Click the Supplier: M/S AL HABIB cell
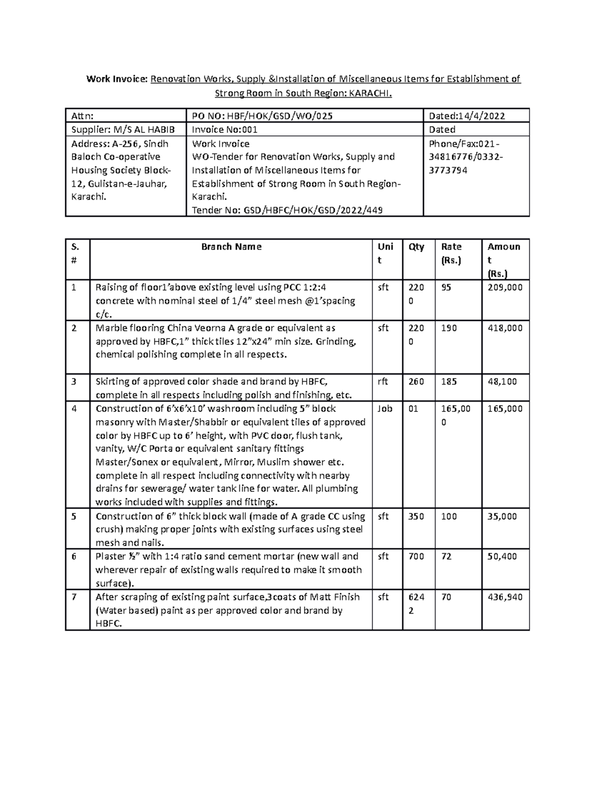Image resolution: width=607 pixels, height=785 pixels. click(x=122, y=129)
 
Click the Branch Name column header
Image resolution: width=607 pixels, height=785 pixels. click(x=231, y=247)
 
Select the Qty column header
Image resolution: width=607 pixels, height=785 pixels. click(x=416, y=247)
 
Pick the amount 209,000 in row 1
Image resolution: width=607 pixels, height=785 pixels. click(x=505, y=288)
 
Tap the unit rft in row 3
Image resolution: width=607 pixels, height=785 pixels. click(x=383, y=382)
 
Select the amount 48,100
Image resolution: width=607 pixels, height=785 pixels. click(x=502, y=382)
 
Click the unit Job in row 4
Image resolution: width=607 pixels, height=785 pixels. click(x=384, y=408)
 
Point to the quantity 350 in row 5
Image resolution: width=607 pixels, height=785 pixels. click(x=416, y=516)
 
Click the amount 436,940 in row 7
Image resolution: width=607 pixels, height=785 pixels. click(x=505, y=597)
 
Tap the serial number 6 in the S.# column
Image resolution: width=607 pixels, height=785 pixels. click(x=74, y=557)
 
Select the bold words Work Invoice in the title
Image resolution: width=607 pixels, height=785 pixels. click(x=116, y=79)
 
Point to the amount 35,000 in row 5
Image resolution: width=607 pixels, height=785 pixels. click(x=502, y=516)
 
